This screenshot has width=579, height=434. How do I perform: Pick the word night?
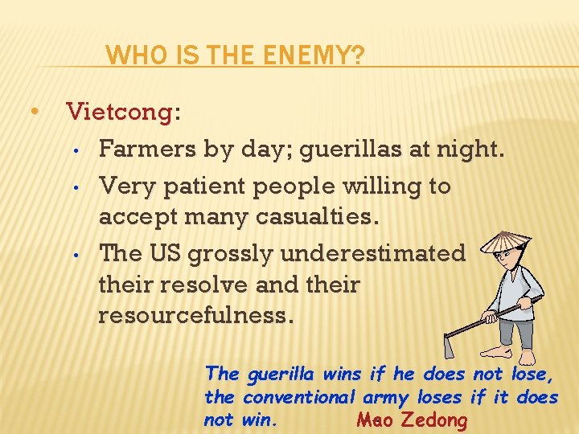[474, 149]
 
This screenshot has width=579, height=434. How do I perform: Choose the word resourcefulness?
[191, 316]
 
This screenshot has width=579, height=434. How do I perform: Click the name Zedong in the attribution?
[433, 420]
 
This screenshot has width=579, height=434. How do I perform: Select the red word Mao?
[372, 420]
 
